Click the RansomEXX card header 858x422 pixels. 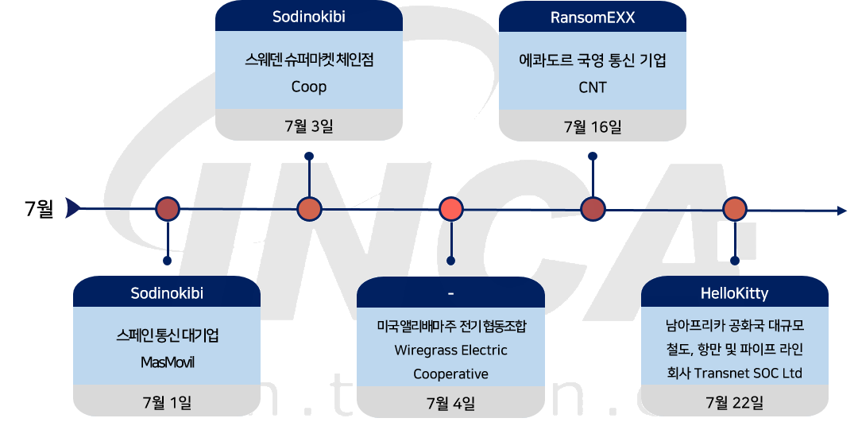pyautogui.click(x=593, y=18)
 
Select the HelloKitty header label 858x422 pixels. pyautogui.click(x=734, y=293)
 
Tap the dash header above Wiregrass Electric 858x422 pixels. pyautogui.click(x=450, y=293)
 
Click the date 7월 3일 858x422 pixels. pyautogui.click(x=309, y=126)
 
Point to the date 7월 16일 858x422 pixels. pyautogui.click(x=593, y=126)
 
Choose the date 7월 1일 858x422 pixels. pyautogui.click(x=167, y=402)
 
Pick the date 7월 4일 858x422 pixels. pyautogui.click(x=450, y=402)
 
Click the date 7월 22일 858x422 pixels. pyautogui.click(x=734, y=402)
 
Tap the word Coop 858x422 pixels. pyautogui.click(x=309, y=87)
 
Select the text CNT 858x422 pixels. pyautogui.click(x=593, y=87)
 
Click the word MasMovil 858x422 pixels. pyautogui.click(x=167, y=362)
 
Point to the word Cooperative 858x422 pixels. pyautogui.click(x=450, y=374)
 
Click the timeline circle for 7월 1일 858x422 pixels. pyautogui.click(x=168, y=209)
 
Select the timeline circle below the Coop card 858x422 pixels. pyautogui.click(x=309, y=209)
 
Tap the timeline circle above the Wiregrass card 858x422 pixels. pyautogui.click(x=450, y=209)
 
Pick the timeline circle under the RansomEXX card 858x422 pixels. pyautogui.click(x=593, y=209)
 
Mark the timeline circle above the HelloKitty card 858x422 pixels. pyautogui.click(x=734, y=209)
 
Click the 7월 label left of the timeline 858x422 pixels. pyautogui.click(x=39, y=209)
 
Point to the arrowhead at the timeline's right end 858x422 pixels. pyautogui.click(x=841, y=210)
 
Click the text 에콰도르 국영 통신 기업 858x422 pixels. pyautogui.click(x=593, y=60)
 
